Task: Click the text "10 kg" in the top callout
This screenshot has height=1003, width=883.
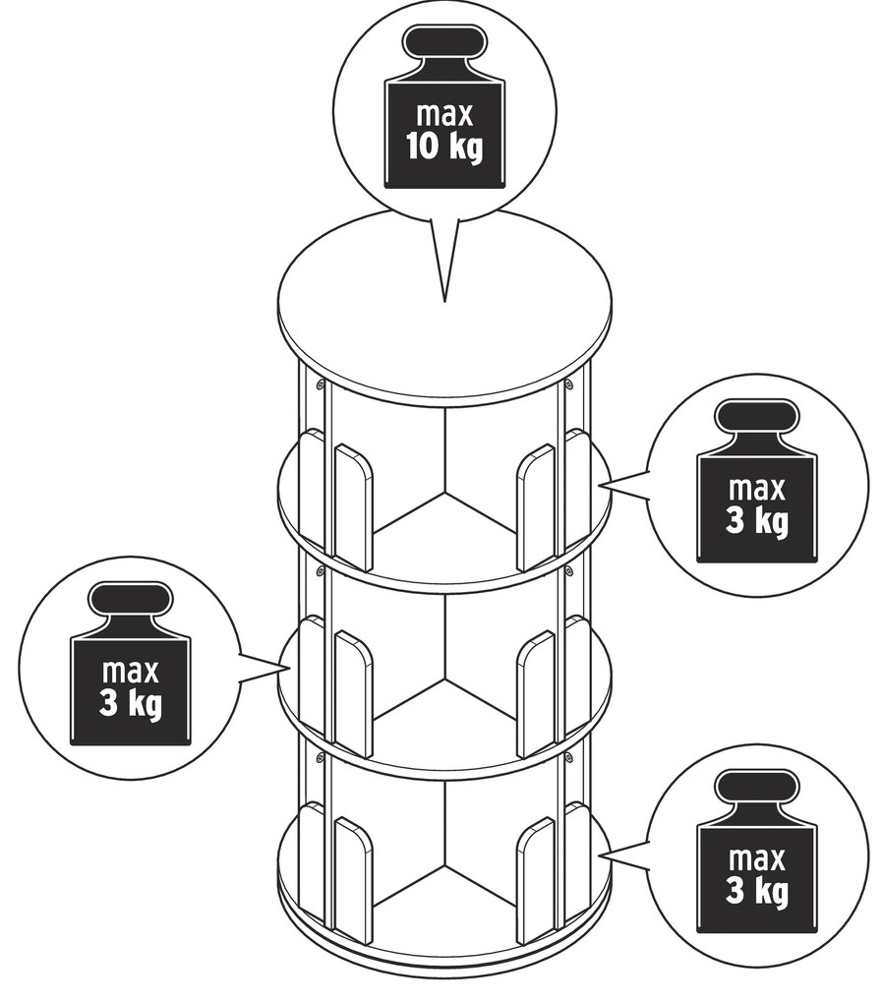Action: point(444,147)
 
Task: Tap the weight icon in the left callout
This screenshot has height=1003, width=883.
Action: point(130,664)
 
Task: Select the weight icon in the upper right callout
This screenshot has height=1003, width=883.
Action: point(756,482)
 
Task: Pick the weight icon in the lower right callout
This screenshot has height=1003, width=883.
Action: point(756,852)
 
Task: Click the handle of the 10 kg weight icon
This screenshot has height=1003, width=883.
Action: point(444,42)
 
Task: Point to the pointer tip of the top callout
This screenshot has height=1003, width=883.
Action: point(444,301)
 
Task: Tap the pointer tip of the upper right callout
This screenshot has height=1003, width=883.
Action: point(601,486)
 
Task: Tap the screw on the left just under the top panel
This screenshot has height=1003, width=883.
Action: point(319,385)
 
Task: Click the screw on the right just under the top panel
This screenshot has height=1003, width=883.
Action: point(568,385)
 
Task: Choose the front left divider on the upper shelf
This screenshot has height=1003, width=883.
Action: point(353,506)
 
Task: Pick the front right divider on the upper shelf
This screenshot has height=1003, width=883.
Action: point(535,506)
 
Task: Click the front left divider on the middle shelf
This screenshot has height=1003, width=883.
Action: point(353,694)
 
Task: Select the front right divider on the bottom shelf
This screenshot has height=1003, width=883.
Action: point(535,881)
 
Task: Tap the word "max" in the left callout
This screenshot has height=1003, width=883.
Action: point(130,672)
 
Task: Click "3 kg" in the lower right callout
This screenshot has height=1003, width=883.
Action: point(756,892)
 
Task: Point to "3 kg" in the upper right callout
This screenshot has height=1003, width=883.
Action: point(756,521)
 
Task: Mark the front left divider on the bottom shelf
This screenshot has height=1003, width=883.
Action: point(353,881)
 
